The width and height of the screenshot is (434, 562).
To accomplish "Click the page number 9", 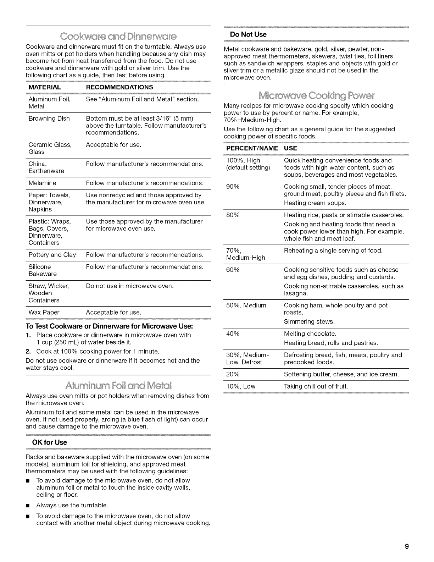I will pyautogui.click(x=407, y=546).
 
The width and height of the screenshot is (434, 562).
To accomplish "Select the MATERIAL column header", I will pyautogui.click(x=45, y=87).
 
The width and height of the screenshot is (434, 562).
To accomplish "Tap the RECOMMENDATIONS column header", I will pyautogui.click(x=119, y=87).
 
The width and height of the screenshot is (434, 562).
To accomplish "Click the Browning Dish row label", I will pyautogui.click(x=49, y=119).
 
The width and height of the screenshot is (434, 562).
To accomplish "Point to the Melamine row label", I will pyautogui.click(x=42, y=183).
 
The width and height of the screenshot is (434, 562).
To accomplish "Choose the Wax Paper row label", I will pyautogui.click(x=44, y=312).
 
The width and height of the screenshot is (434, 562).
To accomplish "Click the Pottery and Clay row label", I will pyautogui.click(x=52, y=255).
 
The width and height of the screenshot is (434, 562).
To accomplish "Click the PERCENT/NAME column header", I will pyautogui.click(x=252, y=148).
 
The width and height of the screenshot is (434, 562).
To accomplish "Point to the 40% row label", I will pyautogui.click(x=233, y=334).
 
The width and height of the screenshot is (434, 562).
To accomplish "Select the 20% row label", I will pyautogui.click(x=233, y=374).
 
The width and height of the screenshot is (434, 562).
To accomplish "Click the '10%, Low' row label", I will pyautogui.click(x=240, y=386).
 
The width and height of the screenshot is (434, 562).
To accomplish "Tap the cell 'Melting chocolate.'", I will pyautogui.click(x=310, y=334).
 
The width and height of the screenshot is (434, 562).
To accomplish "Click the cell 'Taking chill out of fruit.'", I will pyautogui.click(x=316, y=386).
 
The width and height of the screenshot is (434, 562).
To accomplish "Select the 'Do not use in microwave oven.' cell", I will pyautogui.click(x=130, y=286).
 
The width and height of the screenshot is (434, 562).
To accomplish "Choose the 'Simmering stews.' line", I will pyautogui.click(x=309, y=321).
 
